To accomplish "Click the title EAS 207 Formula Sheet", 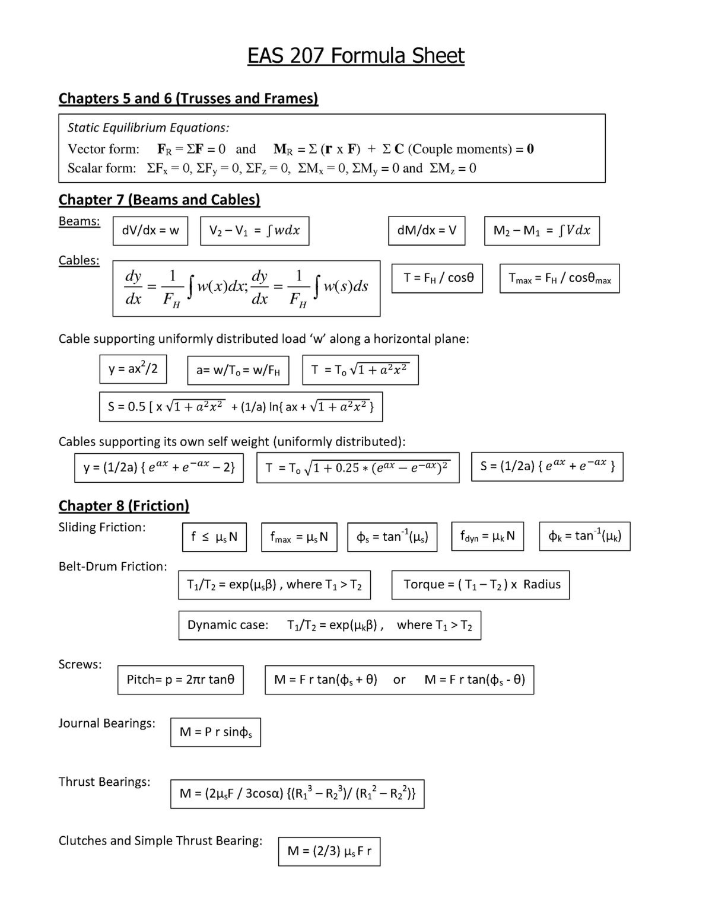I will tap(355, 56).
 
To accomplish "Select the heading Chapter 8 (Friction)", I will tap(123, 506).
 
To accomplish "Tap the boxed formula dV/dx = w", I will tap(150, 231).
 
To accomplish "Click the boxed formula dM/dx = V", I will tap(427, 231).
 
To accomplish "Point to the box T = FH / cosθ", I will tap(437, 278).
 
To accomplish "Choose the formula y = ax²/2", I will tap(133, 369).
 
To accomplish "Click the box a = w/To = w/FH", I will tap(238, 371).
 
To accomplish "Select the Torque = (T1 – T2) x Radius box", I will tap(481, 585).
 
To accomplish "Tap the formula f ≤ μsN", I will tap(214, 537).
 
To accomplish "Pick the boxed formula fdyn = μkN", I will tap(488, 537).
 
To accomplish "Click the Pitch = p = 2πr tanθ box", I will tap(180, 680).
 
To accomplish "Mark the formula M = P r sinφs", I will tap(215, 732).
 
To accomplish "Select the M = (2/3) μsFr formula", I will tap(329, 852).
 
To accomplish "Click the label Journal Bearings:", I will tap(107, 724).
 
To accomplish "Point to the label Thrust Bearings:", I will tap(104, 782).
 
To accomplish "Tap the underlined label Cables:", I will tap(79, 261).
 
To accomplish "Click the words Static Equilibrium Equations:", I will tap(148, 128).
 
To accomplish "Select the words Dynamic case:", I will tap(228, 625).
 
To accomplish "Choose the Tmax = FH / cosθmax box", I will tap(560, 278).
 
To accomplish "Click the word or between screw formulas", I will tap(399, 680).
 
